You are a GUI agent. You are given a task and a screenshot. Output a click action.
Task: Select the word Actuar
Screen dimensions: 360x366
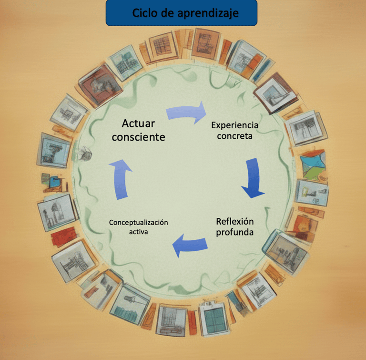[138, 123]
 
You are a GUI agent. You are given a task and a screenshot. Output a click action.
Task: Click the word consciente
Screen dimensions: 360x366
[138, 137]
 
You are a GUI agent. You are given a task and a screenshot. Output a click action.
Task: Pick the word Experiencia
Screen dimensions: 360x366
[234, 125]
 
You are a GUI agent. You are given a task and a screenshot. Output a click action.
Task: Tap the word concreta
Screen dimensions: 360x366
[234, 136]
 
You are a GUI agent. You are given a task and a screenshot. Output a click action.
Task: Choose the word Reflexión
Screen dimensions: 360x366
[234, 222]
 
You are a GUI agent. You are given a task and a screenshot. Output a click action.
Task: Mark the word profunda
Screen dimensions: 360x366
[234, 233]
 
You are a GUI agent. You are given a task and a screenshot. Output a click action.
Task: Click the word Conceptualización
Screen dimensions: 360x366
[138, 223]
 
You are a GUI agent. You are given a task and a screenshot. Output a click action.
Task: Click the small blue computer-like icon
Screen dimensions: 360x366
[56, 181]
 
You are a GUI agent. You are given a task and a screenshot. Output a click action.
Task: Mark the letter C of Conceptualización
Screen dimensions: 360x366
[111, 223]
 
